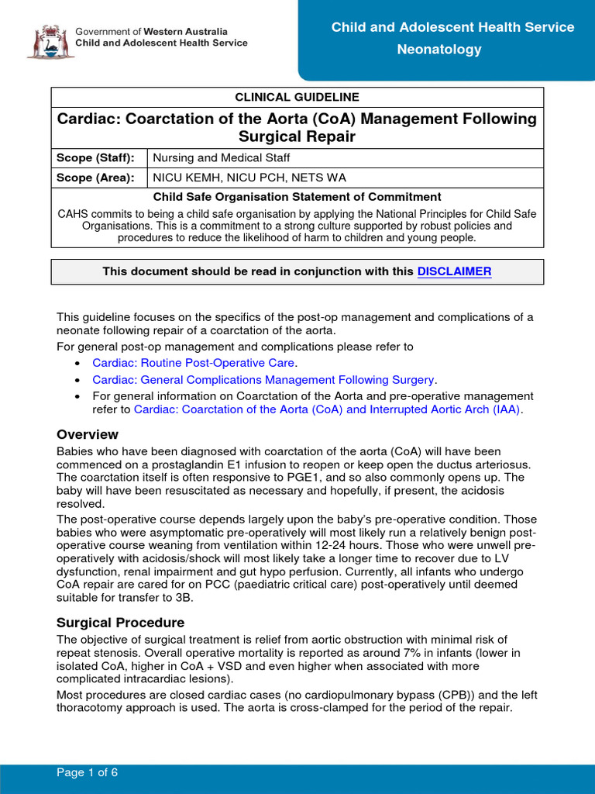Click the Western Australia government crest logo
click(50, 40)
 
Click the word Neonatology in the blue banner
click(439, 50)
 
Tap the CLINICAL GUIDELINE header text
click(297, 97)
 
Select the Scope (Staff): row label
click(95, 157)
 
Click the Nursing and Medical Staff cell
click(222, 157)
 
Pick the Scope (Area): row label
click(95, 178)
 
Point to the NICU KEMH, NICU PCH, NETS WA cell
click(249, 178)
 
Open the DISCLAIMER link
click(454, 271)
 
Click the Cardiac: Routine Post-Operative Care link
click(193, 363)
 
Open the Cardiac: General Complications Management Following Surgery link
click(263, 379)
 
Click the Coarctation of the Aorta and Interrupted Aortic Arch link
click(327, 409)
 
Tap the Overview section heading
click(88, 434)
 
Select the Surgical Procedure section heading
click(120, 623)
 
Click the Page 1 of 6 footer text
click(87, 773)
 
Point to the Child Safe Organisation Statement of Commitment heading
click(297, 197)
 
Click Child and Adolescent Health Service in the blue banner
click(452, 28)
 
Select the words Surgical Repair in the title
click(297, 137)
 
